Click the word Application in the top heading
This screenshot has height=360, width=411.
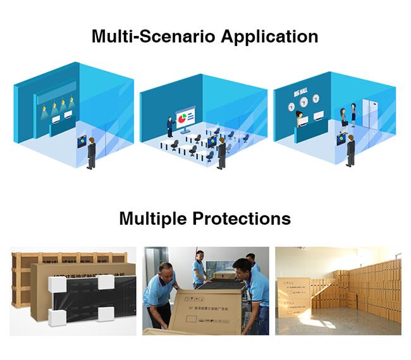pos(269,36)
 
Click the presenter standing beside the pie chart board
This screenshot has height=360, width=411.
pos(169,126)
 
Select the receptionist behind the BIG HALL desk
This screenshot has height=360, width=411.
pos(299,117)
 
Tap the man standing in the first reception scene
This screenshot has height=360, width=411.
pos(92,152)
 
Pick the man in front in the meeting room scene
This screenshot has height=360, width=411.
pos(221,152)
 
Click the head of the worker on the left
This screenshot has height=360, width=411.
pos(166,268)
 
